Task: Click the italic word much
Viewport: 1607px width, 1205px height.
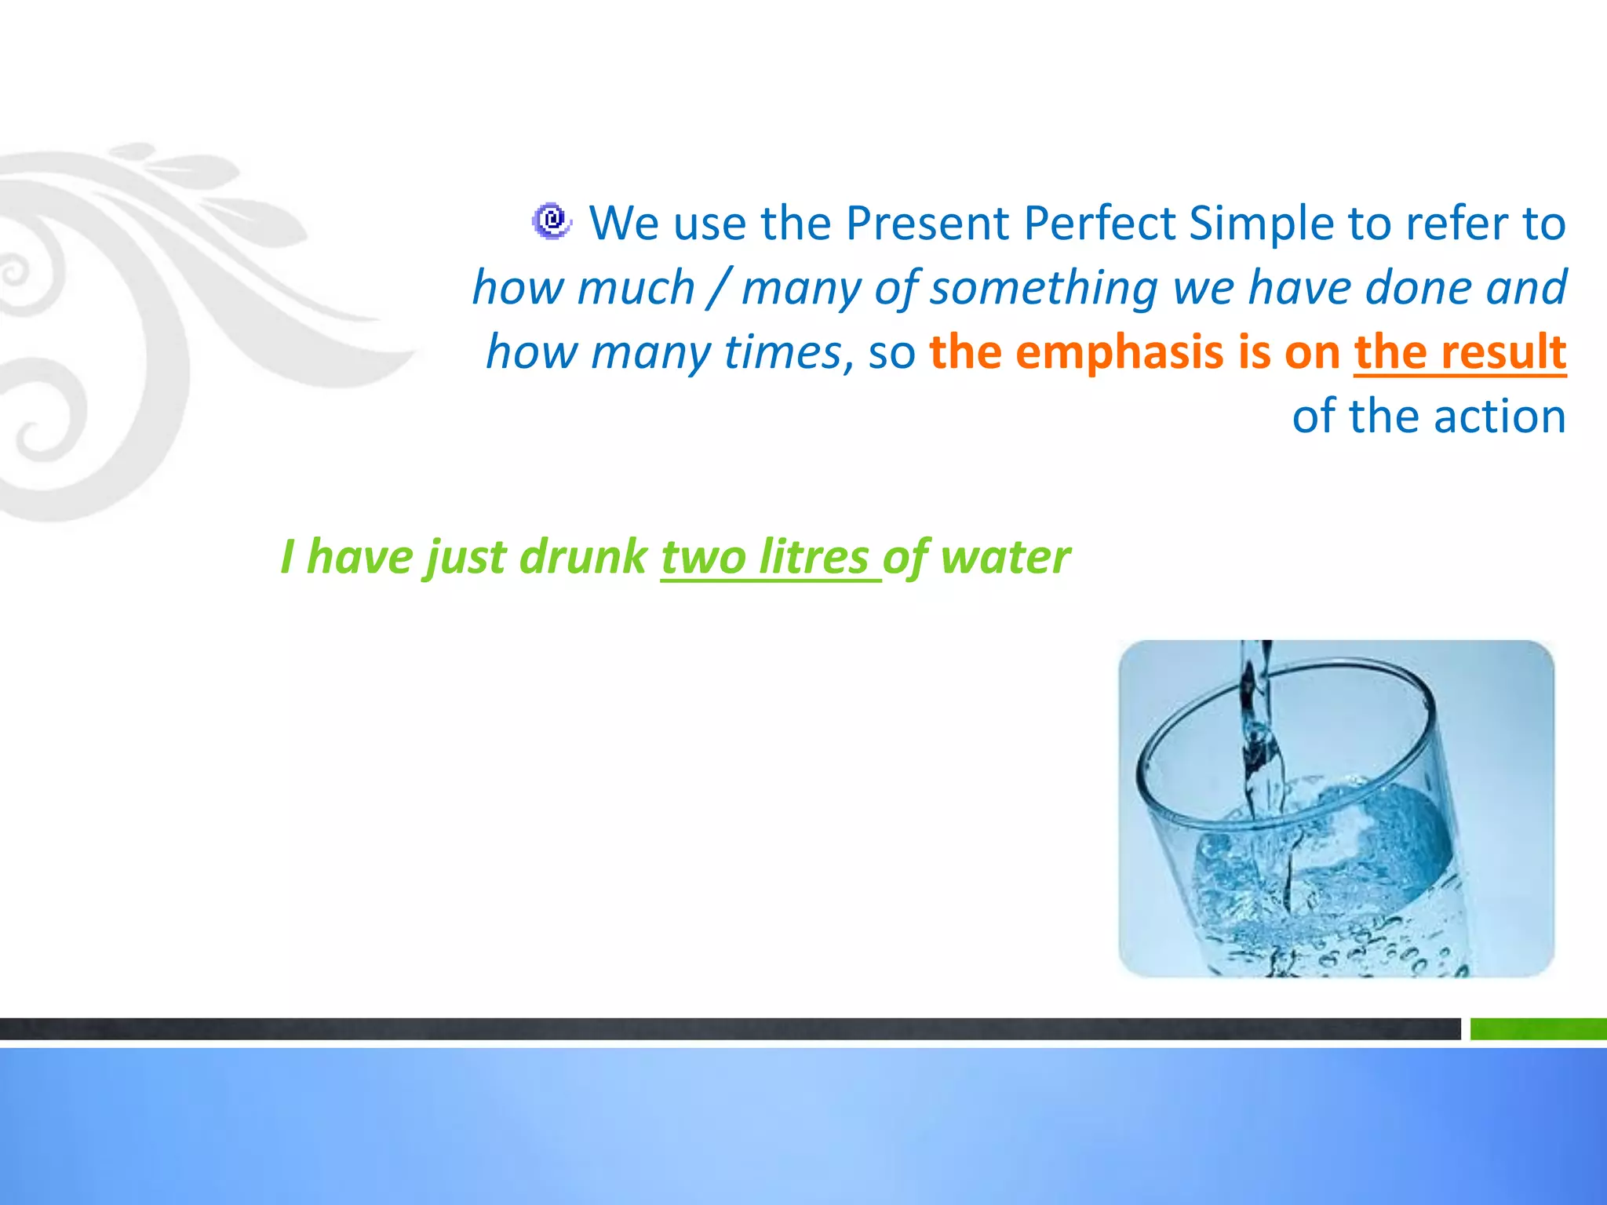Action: pos(636,288)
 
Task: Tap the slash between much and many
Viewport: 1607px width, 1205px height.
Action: pos(717,288)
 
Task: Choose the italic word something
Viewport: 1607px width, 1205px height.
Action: pos(1044,288)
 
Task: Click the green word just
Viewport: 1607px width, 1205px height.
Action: pos(465,558)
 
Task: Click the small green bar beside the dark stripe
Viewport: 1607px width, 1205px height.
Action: pos(1537,1028)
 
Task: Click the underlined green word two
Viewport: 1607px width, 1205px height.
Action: pos(703,558)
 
